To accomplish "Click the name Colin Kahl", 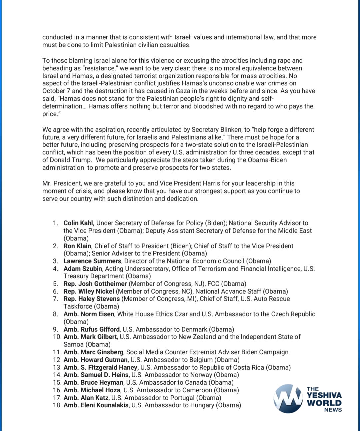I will pyautogui.click(x=79, y=223).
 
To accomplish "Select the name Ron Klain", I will pyautogui.click(x=78, y=246).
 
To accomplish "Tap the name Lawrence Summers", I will pyautogui.click(x=92, y=261).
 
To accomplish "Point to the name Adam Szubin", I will pyautogui.click(x=83, y=269).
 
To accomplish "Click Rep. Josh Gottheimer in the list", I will pyautogui.click(x=95, y=284).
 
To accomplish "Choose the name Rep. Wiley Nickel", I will pyautogui.click(x=89, y=291).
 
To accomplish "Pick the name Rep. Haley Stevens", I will pyautogui.click(x=91, y=299).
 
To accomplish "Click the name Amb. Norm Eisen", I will pyautogui.click(x=89, y=314).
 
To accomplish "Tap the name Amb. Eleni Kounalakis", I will pyautogui.click(x=96, y=405).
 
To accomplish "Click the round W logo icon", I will pyautogui.click(x=287, y=399).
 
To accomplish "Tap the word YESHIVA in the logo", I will pyautogui.click(x=324, y=396).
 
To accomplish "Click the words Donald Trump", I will pyautogui.click(x=71, y=160).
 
